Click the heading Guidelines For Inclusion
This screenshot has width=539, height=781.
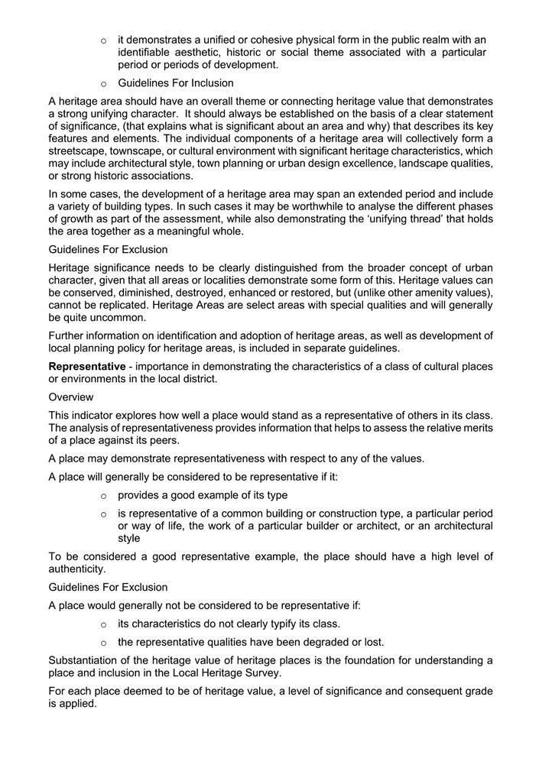pyautogui.click(x=175, y=83)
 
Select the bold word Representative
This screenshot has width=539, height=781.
pyautogui.click(x=86, y=366)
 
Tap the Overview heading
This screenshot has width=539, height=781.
pyautogui.click(x=71, y=397)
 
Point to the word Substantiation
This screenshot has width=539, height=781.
pyautogui.click(x=83, y=660)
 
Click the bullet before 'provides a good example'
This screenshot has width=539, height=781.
pyautogui.click(x=103, y=495)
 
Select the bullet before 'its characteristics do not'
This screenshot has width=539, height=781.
pyautogui.click(x=103, y=624)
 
